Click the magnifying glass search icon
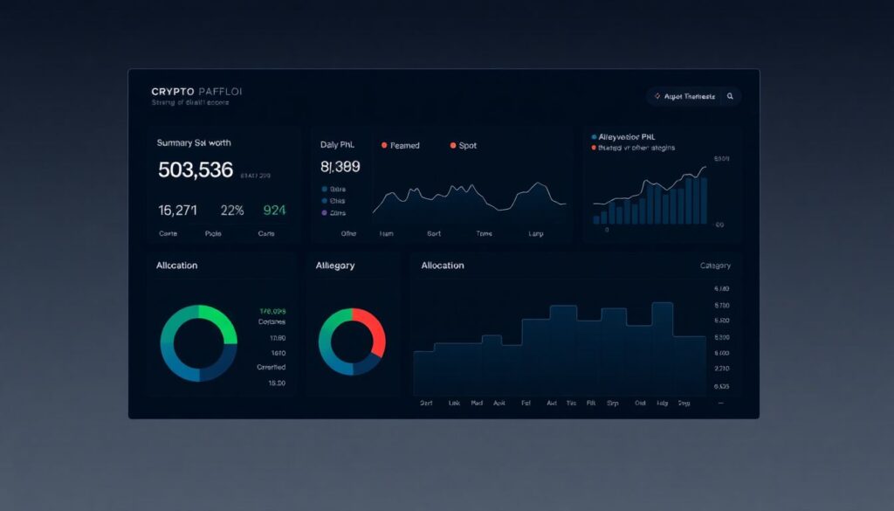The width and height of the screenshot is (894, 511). [x=730, y=96]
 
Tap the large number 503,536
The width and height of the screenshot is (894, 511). [x=196, y=170]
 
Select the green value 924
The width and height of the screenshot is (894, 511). [x=274, y=210]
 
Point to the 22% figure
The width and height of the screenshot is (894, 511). [x=232, y=210]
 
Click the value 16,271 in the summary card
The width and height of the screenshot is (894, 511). [x=177, y=210]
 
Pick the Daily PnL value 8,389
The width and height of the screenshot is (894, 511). [x=340, y=167]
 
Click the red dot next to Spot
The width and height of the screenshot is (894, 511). [x=452, y=145]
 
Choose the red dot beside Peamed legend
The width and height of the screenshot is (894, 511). [x=383, y=145]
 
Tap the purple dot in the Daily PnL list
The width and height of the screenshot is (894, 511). [x=325, y=212]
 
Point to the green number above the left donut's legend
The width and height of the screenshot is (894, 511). [x=272, y=311]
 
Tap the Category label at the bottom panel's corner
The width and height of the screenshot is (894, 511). [x=715, y=266]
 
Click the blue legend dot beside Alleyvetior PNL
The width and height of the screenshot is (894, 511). [x=595, y=137]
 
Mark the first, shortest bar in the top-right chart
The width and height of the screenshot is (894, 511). [x=596, y=220]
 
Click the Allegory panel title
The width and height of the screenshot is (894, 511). [x=335, y=266]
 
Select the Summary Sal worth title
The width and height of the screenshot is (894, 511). [x=194, y=142]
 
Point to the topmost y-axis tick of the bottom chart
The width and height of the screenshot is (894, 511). [x=721, y=289]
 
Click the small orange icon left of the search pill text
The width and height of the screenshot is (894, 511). [x=657, y=96]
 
